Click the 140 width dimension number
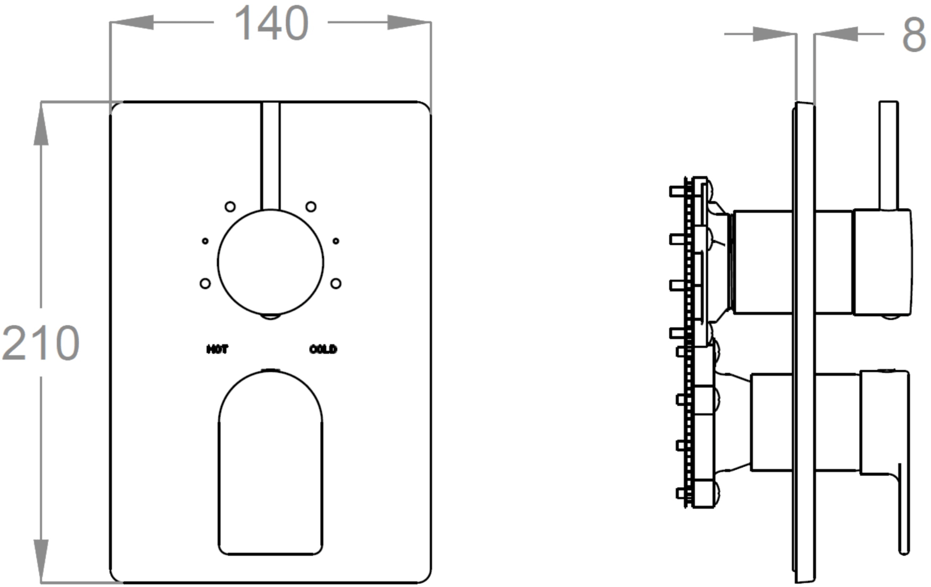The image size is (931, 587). click(271, 23)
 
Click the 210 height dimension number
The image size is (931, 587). click(41, 343)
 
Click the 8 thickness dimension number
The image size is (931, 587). click(914, 35)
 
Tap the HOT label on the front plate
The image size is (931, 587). click(217, 349)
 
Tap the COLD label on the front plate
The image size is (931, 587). click(323, 349)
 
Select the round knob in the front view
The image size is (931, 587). click(270, 262)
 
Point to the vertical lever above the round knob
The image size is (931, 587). click(270, 156)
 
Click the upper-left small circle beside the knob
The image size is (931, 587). click(230, 206)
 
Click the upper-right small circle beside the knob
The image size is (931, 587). click(311, 206)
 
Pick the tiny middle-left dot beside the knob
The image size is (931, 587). click(205, 241)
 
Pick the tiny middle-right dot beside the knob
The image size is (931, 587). click(336, 241)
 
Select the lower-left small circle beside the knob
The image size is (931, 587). click(205, 283)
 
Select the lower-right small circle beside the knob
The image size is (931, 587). click(336, 283)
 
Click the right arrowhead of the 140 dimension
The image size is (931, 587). click(409, 22)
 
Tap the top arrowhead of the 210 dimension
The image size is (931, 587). click(41, 123)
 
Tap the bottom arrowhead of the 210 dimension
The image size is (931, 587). click(41, 561)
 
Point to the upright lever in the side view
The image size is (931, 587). click(888, 156)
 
